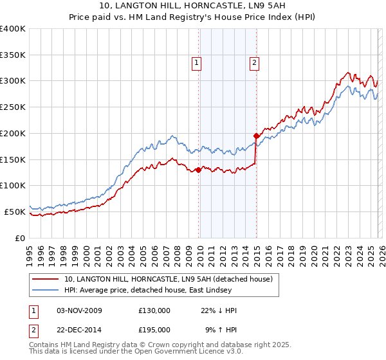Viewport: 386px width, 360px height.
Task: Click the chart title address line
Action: click(193, 6)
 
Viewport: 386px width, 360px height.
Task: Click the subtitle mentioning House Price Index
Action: click(193, 17)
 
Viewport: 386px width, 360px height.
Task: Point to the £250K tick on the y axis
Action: click(13, 107)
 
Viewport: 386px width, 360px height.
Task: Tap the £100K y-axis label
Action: click(13, 186)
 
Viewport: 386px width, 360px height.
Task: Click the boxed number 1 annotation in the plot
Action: click(197, 63)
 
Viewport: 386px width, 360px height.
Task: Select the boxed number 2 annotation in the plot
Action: click(255, 63)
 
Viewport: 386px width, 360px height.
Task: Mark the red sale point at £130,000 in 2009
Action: click(198, 170)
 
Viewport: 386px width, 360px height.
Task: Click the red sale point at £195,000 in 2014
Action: click(256, 136)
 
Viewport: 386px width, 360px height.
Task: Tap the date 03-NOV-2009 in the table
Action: click(79, 310)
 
